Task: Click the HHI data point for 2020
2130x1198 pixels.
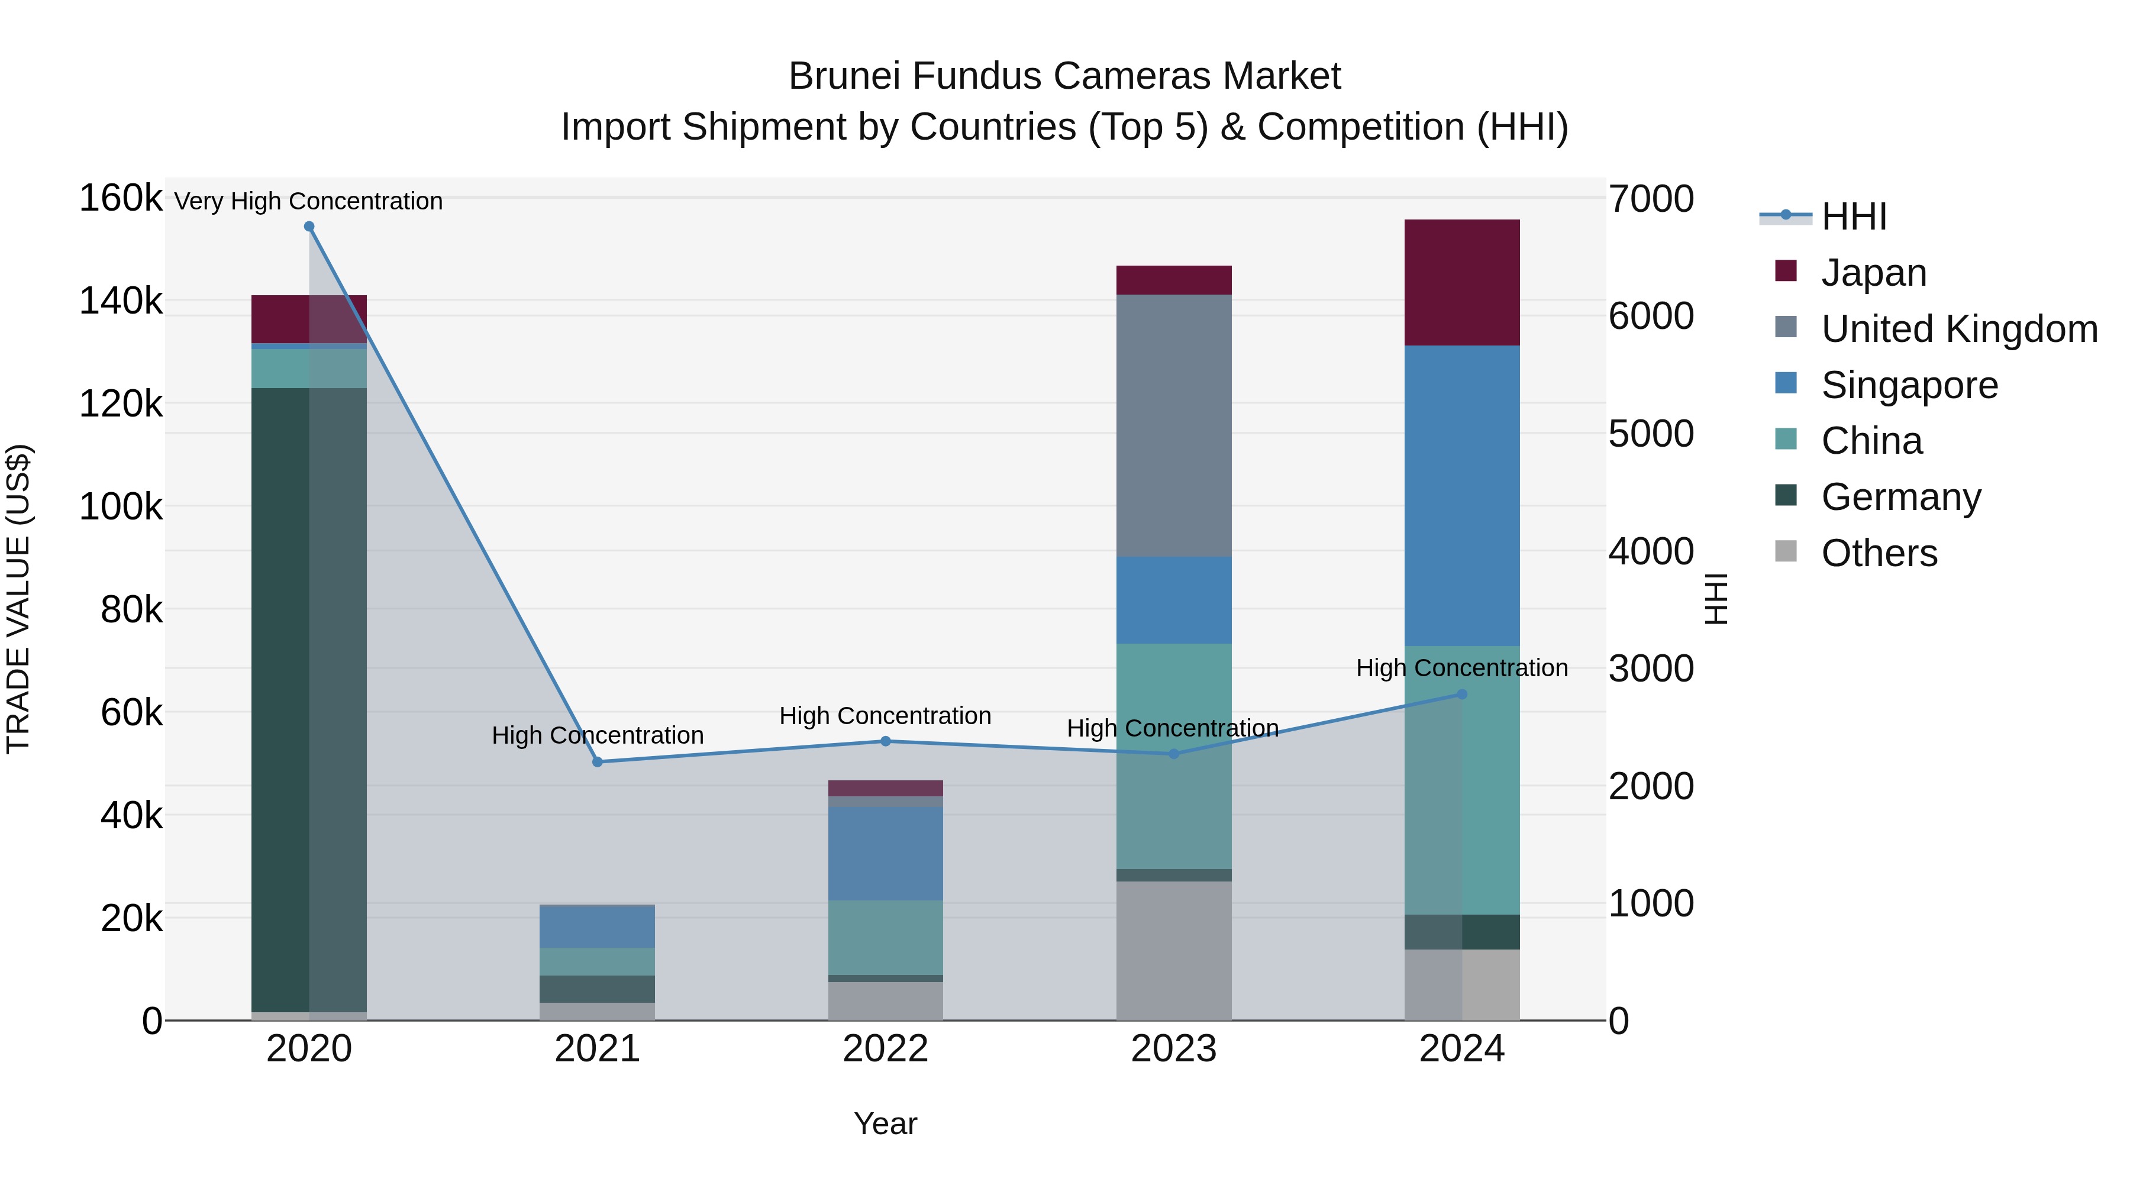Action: (309, 227)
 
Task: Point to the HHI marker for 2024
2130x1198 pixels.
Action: (1462, 695)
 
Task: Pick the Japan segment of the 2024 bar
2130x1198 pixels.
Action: (1462, 282)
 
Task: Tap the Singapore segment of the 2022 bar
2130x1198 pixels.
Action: (886, 853)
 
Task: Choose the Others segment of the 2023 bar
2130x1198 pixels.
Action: (1173, 950)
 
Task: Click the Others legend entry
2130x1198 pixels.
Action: (1879, 553)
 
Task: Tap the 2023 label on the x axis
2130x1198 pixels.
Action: (1173, 1049)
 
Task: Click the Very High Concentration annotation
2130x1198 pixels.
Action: (308, 201)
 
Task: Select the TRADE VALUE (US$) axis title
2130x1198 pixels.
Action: (18, 599)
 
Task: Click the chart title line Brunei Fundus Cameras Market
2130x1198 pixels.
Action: (1064, 76)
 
